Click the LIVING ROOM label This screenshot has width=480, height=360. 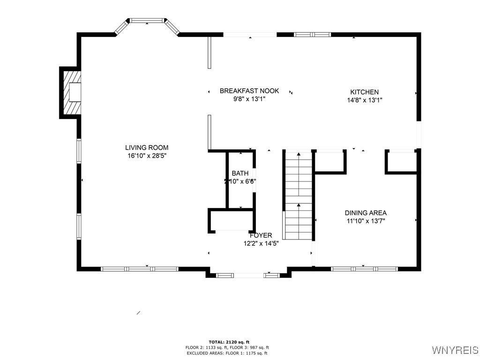146,147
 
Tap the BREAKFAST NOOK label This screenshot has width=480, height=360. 249,91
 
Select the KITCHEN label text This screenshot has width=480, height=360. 364,92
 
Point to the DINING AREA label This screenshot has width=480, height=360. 366,212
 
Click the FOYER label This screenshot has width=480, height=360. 261,235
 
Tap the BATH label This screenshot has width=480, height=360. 240,173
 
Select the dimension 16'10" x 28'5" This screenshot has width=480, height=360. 146,155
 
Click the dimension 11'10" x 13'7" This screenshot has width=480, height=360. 366,220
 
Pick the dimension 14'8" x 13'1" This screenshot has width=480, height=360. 364,100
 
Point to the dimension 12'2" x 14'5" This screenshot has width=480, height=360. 261,243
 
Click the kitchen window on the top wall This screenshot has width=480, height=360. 312,34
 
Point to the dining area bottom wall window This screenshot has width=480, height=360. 364,269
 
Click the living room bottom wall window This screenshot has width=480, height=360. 140,269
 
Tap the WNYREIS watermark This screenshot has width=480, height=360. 455,350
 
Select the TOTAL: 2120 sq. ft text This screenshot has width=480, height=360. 229,342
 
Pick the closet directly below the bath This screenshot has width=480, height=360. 232,221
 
